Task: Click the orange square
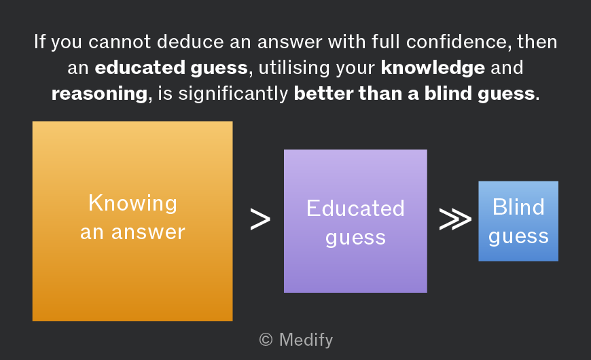click(x=132, y=221)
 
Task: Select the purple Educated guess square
click(x=355, y=221)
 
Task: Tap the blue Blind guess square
click(x=518, y=221)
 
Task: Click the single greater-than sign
click(x=260, y=219)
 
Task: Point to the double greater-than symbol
click(x=455, y=219)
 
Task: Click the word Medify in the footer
click(x=306, y=340)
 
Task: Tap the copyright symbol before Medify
click(x=266, y=340)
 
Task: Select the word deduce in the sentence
click(x=190, y=41)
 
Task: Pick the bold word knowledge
click(x=433, y=67)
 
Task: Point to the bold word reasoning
click(x=99, y=94)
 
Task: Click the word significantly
click(x=233, y=93)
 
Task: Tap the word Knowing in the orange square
click(x=132, y=203)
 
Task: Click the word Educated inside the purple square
click(x=355, y=208)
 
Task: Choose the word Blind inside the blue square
click(x=518, y=207)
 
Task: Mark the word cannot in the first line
click(x=120, y=41)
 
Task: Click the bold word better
click(x=323, y=93)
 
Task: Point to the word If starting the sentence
click(x=39, y=41)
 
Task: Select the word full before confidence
click(x=386, y=41)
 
